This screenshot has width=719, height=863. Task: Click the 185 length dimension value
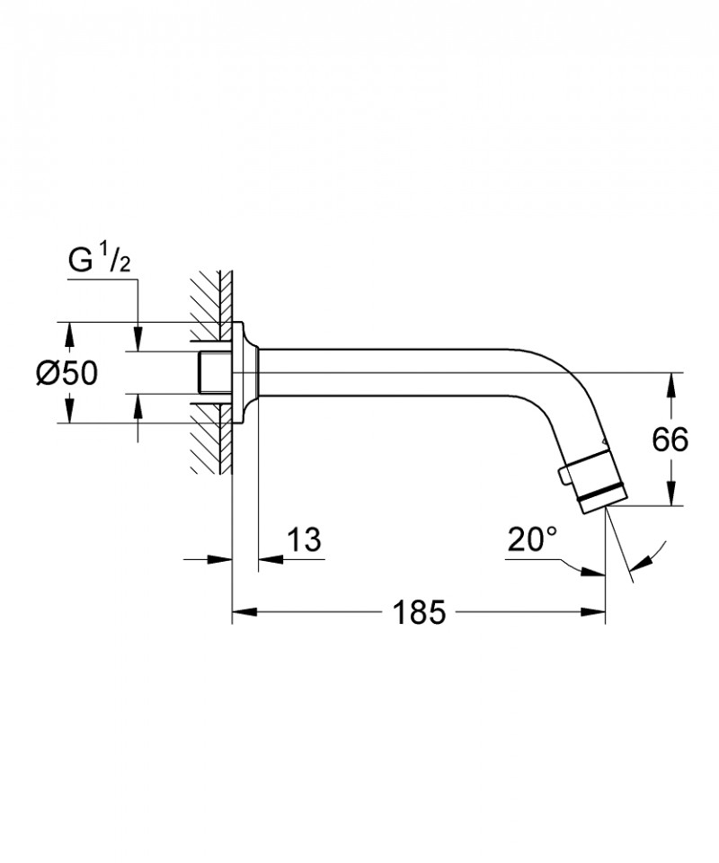tap(419, 614)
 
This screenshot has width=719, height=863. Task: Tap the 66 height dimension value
tap(670, 440)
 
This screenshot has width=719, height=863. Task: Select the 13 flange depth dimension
tap(305, 540)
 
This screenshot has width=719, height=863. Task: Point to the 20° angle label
tap(532, 539)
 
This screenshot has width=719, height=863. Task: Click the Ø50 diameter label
tap(67, 372)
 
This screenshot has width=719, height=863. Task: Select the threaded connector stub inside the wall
tap(212, 372)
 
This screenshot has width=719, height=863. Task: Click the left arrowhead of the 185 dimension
tap(241, 614)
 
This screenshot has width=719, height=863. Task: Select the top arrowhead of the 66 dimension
tap(670, 381)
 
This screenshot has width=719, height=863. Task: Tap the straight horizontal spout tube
tap(395, 372)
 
